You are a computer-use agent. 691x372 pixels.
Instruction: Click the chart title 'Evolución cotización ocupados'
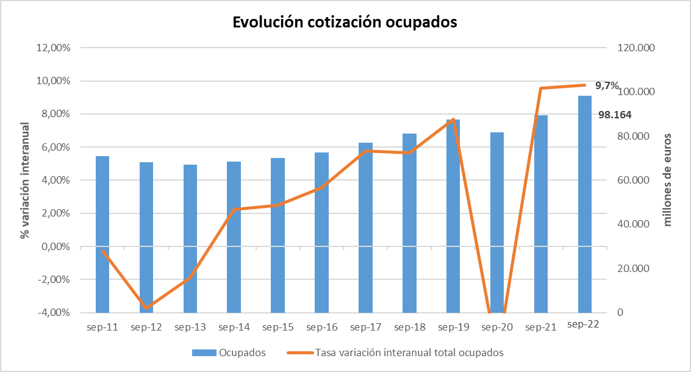click(x=345, y=22)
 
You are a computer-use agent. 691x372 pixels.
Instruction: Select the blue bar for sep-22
click(x=585, y=204)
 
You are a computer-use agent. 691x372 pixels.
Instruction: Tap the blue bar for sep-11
click(x=102, y=235)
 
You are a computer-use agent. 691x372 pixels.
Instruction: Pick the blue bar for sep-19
click(x=453, y=216)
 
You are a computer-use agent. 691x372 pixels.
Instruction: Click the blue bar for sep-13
click(x=190, y=238)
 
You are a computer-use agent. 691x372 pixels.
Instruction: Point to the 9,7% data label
click(x=607, y=85)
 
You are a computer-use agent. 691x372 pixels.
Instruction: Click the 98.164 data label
click(x=615, y=115)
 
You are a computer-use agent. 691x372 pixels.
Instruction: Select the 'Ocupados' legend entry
click(x=229, y=352)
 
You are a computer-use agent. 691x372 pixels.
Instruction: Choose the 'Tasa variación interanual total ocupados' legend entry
click(x=395, y=352)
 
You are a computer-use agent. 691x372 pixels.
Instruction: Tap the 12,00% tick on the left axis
click(x=53, y=48)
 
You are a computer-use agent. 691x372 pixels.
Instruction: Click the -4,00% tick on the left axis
click(x=53, y=312)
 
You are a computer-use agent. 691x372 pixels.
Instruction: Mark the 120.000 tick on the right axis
click(x=636, y=48)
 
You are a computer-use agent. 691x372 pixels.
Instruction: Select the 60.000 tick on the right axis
click(x=633, y=180)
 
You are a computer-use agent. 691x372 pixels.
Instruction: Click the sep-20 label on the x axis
click(x=497, y=327)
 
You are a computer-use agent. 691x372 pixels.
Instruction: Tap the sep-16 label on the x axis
click(x=321, y=327)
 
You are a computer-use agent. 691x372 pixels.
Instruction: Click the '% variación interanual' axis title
click(x=25, y=181)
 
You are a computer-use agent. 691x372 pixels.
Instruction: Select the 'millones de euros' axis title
click(x=667, y=180)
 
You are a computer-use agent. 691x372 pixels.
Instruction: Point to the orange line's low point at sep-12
click(x=146, y=308)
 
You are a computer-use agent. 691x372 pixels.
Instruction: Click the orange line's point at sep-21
click(x=541, y=88)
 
